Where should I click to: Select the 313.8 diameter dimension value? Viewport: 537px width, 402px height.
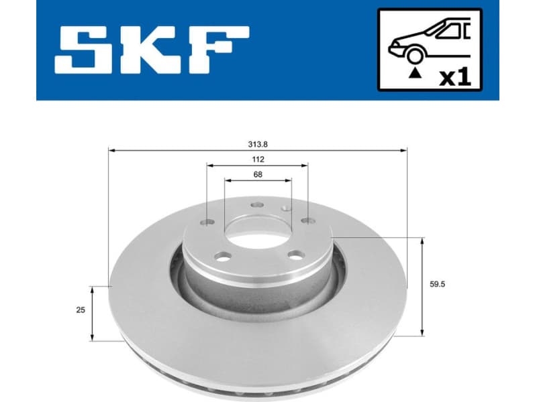click(258, 143)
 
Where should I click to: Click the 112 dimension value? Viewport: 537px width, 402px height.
click(258, 159)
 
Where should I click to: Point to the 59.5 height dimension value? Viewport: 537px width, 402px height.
click(438, 284)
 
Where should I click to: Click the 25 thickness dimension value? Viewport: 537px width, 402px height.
click(80, 310)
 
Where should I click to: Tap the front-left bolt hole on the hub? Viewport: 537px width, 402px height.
click(224, 256)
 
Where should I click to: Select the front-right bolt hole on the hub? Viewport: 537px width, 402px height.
click(294, 255)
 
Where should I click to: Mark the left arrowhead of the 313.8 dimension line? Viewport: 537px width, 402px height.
click(111, 150)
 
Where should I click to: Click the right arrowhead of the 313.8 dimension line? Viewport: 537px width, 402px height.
click(405, 150)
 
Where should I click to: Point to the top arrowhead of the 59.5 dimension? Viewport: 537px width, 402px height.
click(422, 241)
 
